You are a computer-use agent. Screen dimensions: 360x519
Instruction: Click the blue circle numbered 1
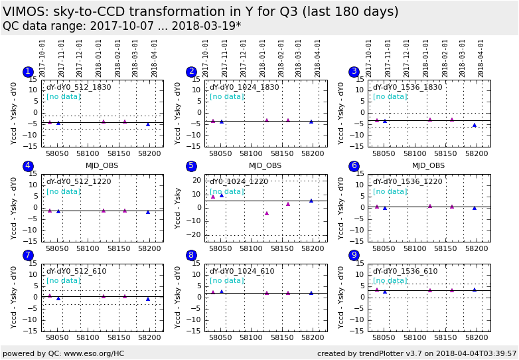click(x=28, y=72)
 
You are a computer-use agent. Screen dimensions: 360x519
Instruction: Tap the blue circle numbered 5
click(x=191, y=166)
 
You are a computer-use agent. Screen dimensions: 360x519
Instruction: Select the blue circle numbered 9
click(x=354, y=255)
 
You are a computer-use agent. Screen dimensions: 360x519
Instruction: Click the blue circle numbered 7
click(x=28, y=255)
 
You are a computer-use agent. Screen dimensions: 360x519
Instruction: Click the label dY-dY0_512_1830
click(x=78, y=87)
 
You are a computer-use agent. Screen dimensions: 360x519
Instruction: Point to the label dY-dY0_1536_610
click(x=405, y=271)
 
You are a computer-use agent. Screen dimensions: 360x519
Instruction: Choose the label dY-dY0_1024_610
click(x=242, y=271)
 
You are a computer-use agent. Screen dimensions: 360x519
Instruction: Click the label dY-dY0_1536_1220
click(x=407, y=181)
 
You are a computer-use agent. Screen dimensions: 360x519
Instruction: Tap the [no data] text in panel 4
click(x=64, y=191)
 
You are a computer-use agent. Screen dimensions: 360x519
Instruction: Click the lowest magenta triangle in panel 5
click(x=267, y=213)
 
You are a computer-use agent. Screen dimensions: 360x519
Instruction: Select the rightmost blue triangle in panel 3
click(x=474, y=125)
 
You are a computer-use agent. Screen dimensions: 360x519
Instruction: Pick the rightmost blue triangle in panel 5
click(x=311, y=200)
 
